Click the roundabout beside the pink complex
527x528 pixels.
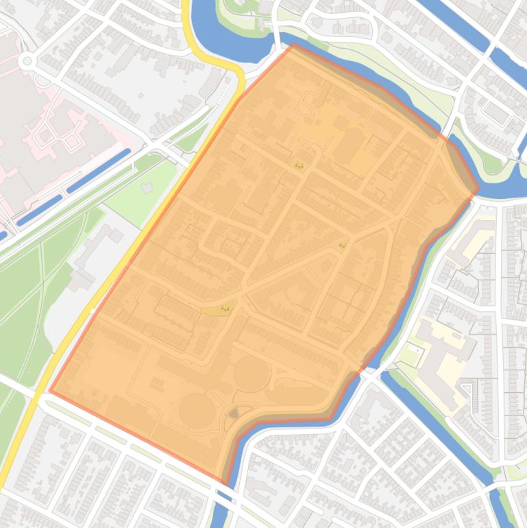pos(27,61)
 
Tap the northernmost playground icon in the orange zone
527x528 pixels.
pos(299,165)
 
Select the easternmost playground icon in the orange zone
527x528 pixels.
pos(342,245)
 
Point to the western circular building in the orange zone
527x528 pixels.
pos(197,409)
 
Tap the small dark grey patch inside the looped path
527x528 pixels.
pos(234,413)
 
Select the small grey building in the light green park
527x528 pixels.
pos(147,187)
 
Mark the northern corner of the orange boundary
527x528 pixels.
pos(294,45)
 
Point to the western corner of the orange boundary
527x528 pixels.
pos(50,391)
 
